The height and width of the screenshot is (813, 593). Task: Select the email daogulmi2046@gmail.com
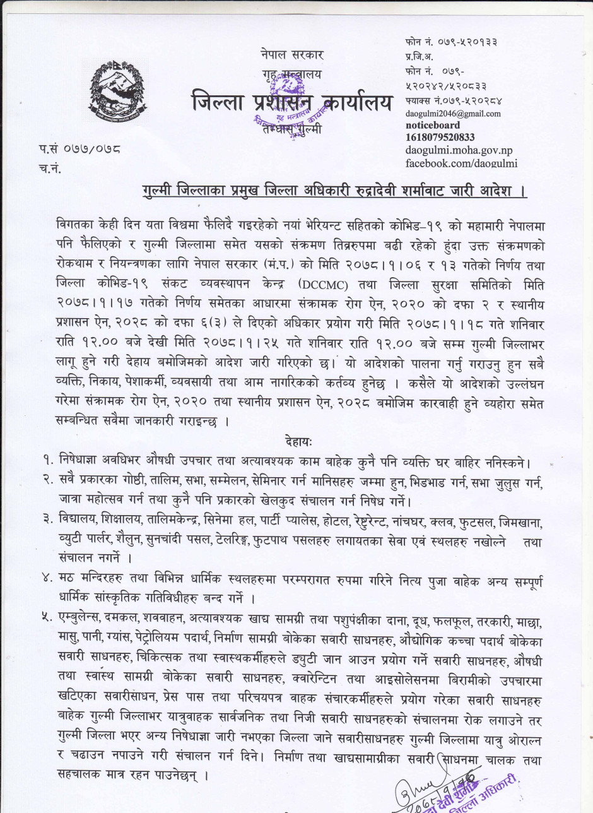(x=453, y=114)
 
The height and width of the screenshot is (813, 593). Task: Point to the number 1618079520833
(x=440, y=137)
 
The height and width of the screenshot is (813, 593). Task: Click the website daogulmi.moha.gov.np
(x=461, y=150)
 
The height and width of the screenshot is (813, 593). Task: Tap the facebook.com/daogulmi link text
(x=461, y=163)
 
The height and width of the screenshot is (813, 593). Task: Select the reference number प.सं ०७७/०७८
(x=79, y=150)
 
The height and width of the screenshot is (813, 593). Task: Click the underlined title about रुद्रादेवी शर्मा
(x=334, y=190)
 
